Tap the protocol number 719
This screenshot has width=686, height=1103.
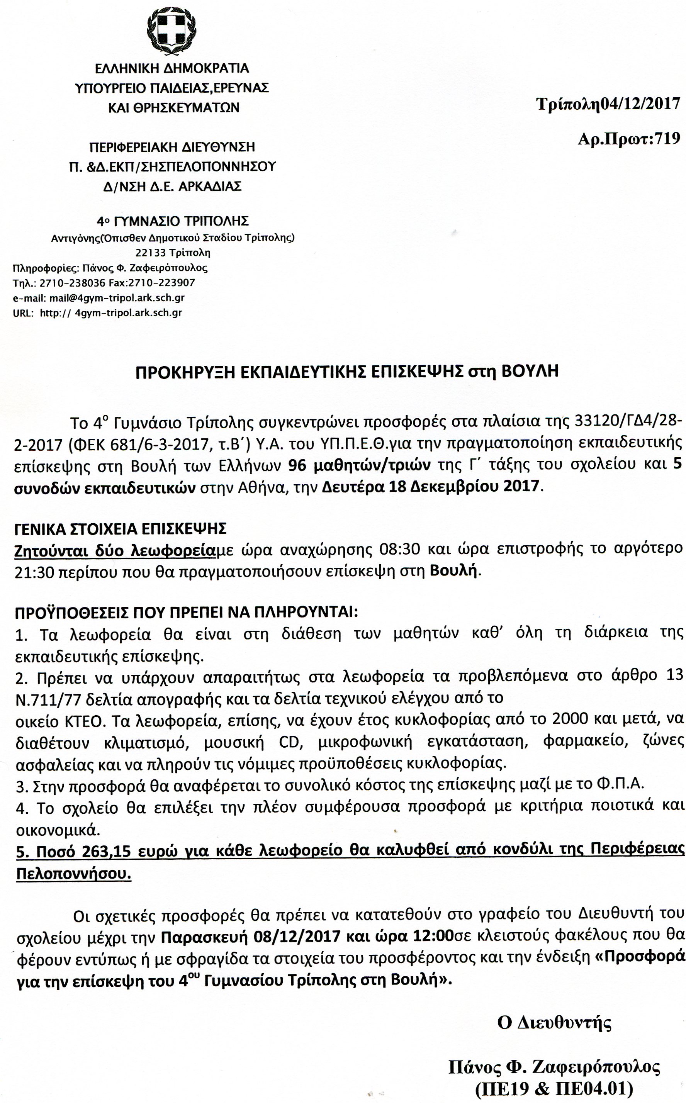667,138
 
